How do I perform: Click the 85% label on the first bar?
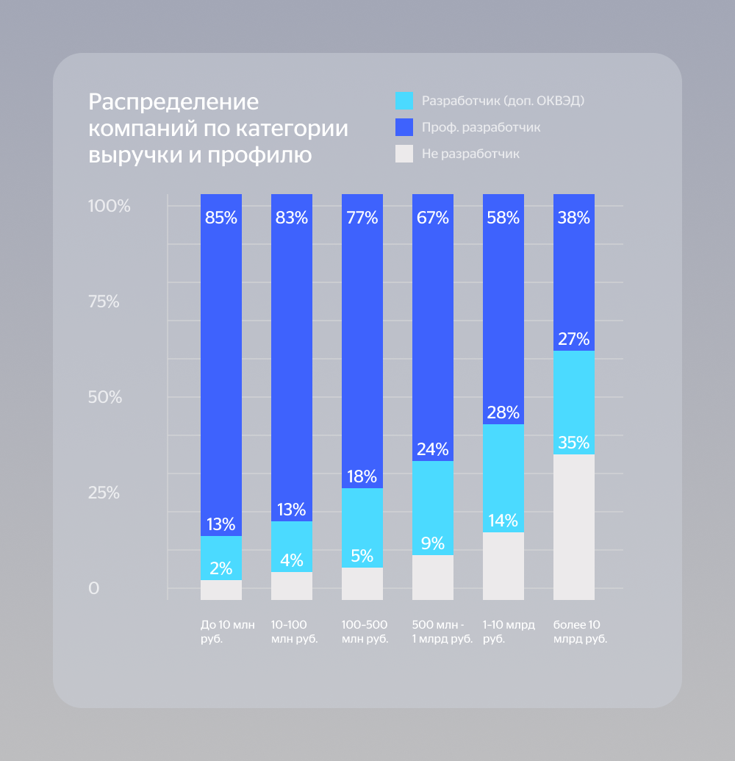pos(220,218)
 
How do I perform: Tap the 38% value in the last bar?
pos(573,218)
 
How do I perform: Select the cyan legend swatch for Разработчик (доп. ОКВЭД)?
pos(404,101)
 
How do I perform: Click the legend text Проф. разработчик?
pos(481,127)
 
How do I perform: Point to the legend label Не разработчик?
pos(470,154)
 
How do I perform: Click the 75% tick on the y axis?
pos(104,302)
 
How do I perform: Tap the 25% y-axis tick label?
pos(104,493)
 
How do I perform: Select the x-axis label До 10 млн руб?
pos(228,632)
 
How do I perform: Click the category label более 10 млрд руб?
pos(580,632)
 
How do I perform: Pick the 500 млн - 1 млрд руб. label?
pos(442,632)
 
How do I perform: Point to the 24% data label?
pos(432,449)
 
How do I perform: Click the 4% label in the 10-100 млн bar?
pos(291,560)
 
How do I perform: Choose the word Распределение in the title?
pos(173,101)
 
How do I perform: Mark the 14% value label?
pos(503,521)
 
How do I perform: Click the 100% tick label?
pos(109,207)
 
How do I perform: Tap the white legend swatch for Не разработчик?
pos(404,154)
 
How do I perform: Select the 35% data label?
pos(573,443)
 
